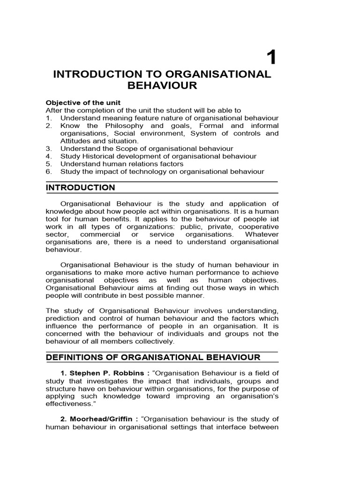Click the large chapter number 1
pyautogui.click(x=271, y=58)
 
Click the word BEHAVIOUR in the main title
pyautogui.click(x=162, y=86)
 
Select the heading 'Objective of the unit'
pyautogui.click(x=83, y=103)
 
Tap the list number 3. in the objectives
pyautogui.click(x=49, y=149)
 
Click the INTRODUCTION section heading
pyautogui.click(x=80, y=188)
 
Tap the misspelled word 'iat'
pyautogui.click(x=273, y=219)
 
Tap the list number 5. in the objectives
pyautogui.click(x=49, y=164)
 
